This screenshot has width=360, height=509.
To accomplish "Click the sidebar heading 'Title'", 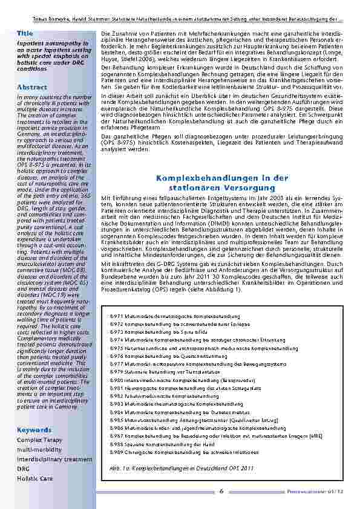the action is (x=25, y=32).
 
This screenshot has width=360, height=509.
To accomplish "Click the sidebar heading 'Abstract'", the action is (x=31, y=87).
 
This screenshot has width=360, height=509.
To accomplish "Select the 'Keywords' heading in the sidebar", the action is (x=34, y=430).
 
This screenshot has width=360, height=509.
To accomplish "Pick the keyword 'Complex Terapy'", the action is (x=39, y=440).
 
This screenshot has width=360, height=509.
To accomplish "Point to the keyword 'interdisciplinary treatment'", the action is (x=54, y=459).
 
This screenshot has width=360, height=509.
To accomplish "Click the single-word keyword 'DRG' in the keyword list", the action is (x=23, y=468).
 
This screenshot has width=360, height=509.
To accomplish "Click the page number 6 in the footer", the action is (x=221, y=491).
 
